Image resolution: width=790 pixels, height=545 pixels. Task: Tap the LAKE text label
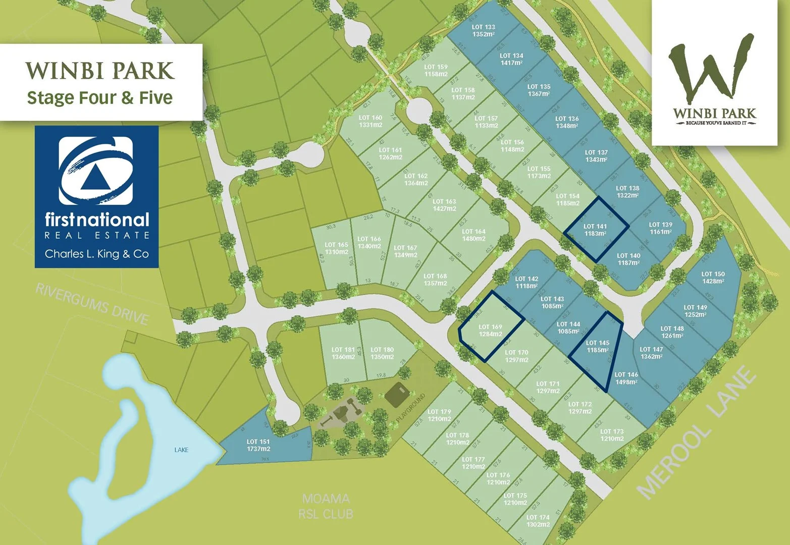pyautogui.click(x=181, y=450)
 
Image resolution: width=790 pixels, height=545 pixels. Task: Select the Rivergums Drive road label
pyautogui.click(x=92, y=304)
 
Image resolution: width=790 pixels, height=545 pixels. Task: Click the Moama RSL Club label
pyautogui.click(x=326, y=506)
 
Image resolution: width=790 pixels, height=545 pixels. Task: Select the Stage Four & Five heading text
pyautogui.click(x=100, y=97)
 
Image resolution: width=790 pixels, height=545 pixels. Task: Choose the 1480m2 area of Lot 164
pyautogui.click(x=473, y=239)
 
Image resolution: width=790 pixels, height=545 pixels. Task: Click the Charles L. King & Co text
pyautogui.click(x=96, y=254)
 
